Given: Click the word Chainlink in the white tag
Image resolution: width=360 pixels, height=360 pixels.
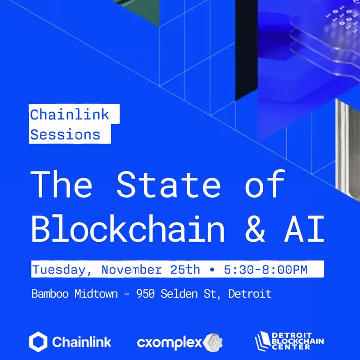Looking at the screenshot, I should point(70,114).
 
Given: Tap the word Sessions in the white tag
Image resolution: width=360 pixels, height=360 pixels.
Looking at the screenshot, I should point(65,134).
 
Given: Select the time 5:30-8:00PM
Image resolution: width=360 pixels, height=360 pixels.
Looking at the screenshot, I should point(265,270).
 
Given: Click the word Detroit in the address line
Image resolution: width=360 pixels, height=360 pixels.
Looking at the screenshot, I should point(250,294).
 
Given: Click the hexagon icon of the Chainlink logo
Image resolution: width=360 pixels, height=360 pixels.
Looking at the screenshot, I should point(38,342).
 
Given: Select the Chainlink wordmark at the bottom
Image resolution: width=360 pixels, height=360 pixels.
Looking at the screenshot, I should point(81,342).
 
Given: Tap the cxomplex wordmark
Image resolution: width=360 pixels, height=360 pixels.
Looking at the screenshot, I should point(169,343).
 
